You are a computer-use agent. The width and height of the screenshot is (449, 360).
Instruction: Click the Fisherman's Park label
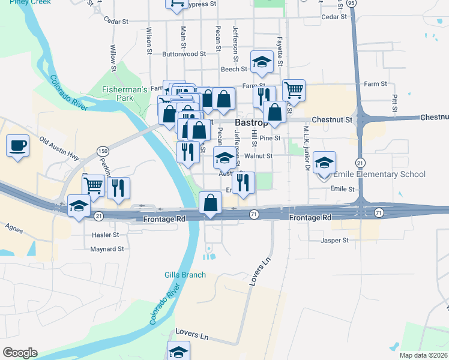(x=125, y=93)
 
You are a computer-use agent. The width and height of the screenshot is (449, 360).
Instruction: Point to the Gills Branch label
(x=185, y=275)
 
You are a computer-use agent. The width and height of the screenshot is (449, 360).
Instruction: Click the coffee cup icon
(x=17, y=145)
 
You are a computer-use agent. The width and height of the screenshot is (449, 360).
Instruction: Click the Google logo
(x=20, y=353)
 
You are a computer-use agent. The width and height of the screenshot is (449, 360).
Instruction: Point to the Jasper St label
(x=334, y=241)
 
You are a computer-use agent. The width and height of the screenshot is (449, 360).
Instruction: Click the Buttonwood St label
(x=184, y=53)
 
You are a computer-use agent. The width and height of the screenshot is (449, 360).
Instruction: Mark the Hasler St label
(x=105, y=235)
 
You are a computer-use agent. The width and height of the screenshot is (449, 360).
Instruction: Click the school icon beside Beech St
(x=262, y=62)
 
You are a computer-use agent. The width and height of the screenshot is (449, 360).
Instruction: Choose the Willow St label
(x=113, y=55)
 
